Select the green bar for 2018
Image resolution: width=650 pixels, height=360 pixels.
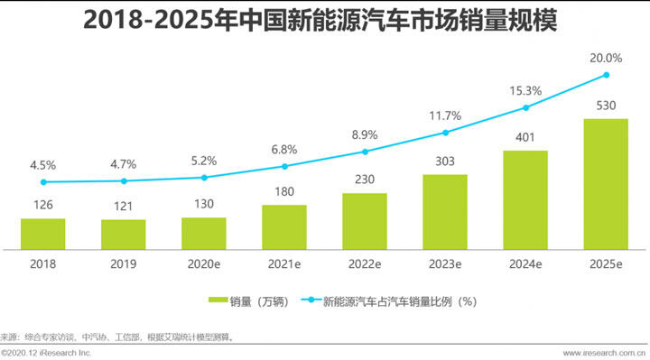(42, 234)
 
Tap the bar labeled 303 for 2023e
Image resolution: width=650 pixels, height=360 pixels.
(445, 212)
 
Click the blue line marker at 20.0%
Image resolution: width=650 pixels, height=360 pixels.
(607, 75)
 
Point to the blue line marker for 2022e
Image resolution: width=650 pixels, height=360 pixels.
(365, 151)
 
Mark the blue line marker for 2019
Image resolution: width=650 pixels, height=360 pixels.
(123, 180)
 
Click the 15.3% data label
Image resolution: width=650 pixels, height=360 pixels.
(525, 90)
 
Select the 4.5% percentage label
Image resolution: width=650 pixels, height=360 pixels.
(42, 165)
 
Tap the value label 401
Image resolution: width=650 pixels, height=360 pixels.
(525, 137)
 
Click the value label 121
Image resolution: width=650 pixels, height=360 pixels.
(123, 207)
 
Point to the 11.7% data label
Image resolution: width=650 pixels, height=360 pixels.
(445, 115)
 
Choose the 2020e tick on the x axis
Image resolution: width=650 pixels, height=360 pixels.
(204, 264)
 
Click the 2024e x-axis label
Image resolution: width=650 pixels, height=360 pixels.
(525, 264)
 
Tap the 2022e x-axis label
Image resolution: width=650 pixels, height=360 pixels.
(365, 264)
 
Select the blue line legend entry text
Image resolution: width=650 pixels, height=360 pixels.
(399, 300)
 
